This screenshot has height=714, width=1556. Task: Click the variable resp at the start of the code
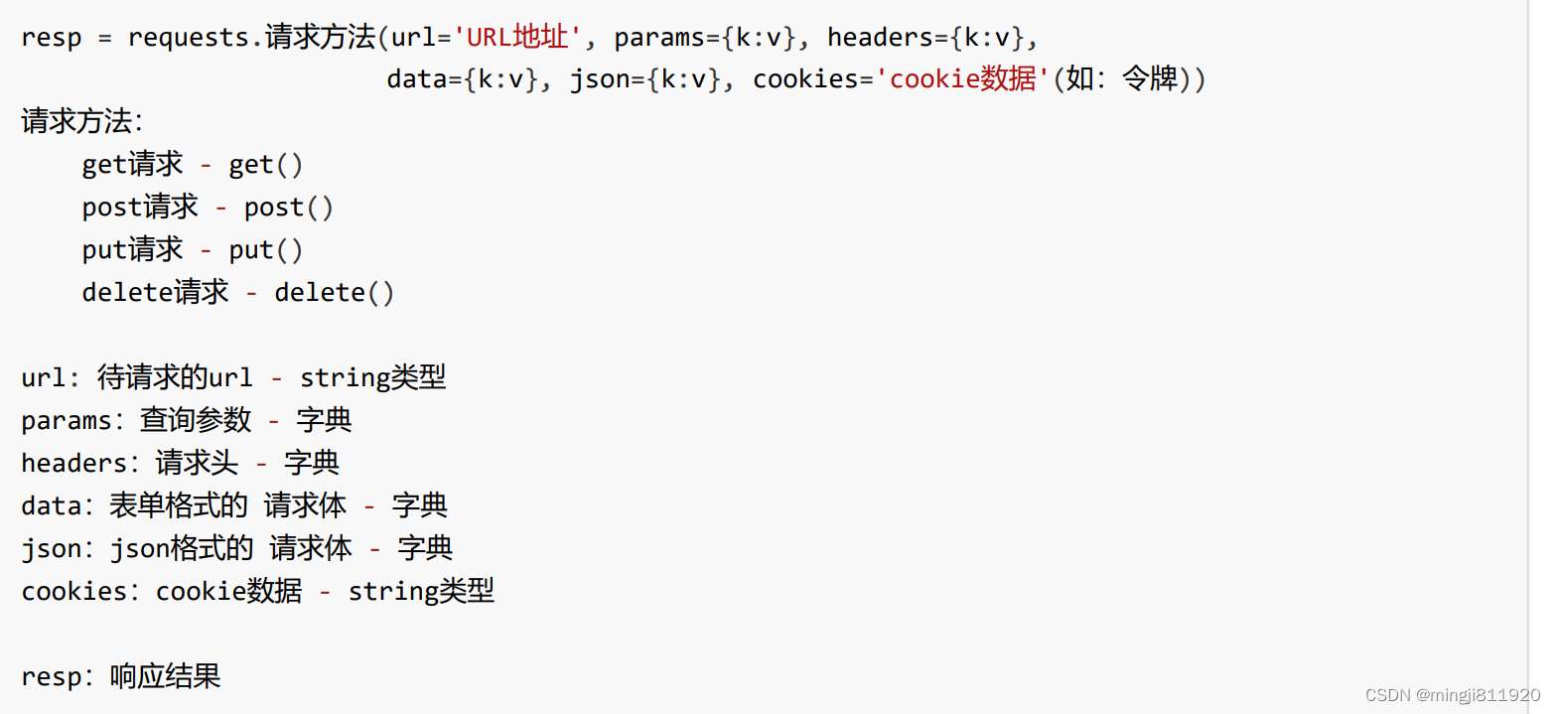pyautogui.click(x=51, y=38)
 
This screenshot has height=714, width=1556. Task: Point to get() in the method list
pyautogui.click(x=265, y=165)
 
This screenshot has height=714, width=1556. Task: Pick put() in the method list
pyautogui.click(x=265, y=250)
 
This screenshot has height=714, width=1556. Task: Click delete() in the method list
pyautogui.click(x=334, y=293)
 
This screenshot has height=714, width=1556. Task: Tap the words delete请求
pyautogui.click(x=155, y=293)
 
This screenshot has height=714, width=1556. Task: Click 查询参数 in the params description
pyautogui.click(x=196, y=421)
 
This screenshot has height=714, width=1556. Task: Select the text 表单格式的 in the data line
pyautogui.click(x=178, y=506)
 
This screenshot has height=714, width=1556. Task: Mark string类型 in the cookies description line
pyautogui.click(x=420, y=592)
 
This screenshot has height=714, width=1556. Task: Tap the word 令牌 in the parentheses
pyautogui.click(x=1149, y=79)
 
